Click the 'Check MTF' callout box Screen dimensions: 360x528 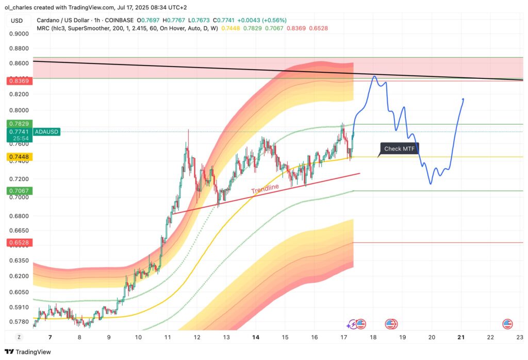[400, 149]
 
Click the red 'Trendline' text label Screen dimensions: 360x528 [265, 189]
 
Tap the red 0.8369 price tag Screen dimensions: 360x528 [19, 81]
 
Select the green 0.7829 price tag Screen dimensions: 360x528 [19, 124]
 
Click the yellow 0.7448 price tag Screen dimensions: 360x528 [19, 157]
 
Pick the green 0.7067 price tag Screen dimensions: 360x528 [19, 191]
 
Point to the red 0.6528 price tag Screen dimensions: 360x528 [19, 242]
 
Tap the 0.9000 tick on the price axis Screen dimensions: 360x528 [19, 34]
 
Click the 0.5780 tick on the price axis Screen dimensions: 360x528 [19, 322]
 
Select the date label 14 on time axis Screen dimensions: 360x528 [255, 337]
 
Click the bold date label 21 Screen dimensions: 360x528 [461, 337]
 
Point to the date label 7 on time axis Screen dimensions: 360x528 [50, 337]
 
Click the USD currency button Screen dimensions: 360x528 [17, 21]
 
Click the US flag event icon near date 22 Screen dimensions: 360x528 [508, 324]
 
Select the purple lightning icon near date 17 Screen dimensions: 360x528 [351, 324]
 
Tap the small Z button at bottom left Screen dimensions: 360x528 [19, 337]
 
